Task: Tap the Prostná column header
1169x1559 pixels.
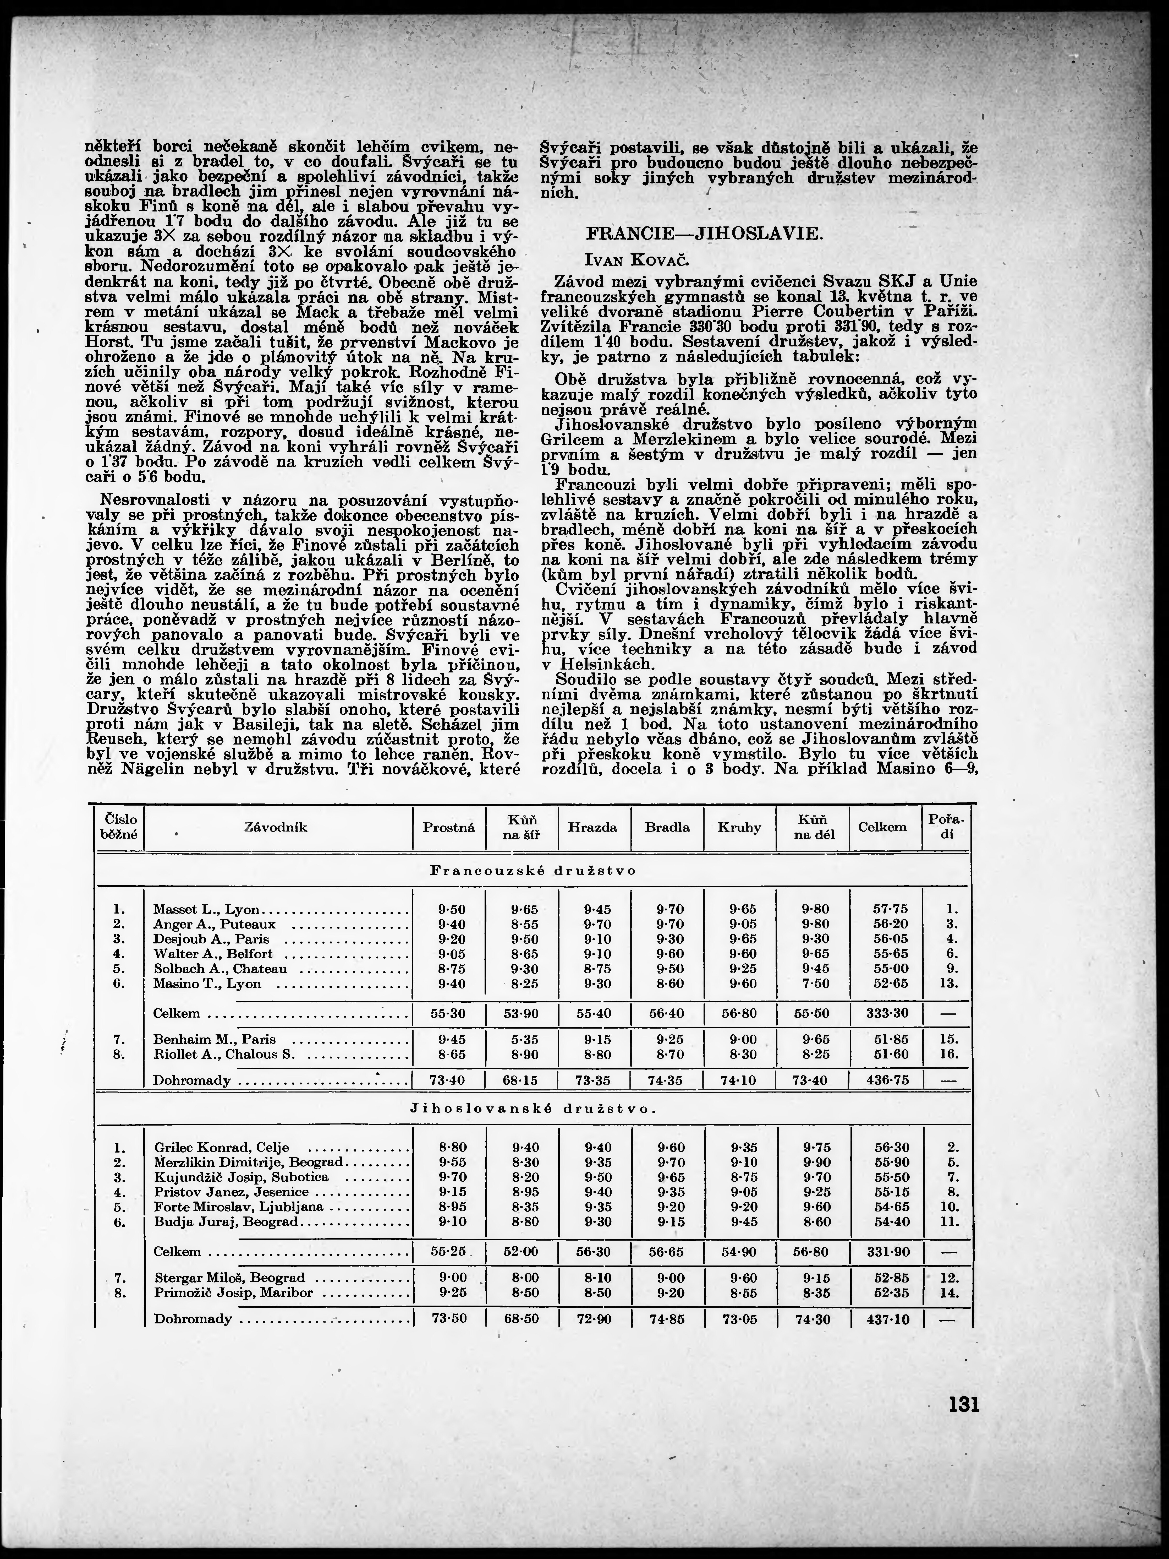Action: [x=449, y=827]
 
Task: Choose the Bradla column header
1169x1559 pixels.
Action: [x=667, y=827]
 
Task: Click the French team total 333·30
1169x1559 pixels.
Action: [x=890, y=1013]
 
